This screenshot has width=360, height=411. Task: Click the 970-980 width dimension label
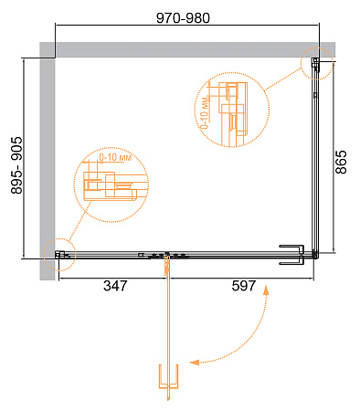point(183,18)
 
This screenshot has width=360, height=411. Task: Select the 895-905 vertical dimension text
point(16,165)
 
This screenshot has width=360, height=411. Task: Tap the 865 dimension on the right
point(341,162)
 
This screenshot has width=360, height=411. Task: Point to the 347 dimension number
point(115,286)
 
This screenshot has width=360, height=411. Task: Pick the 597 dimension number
point(244,286)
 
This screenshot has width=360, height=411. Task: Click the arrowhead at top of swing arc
point(266,290)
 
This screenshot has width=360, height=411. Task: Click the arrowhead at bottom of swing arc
point(194,362)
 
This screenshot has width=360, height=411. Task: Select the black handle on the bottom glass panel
point(291,255)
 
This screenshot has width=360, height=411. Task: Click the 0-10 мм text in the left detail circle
point(115,157)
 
